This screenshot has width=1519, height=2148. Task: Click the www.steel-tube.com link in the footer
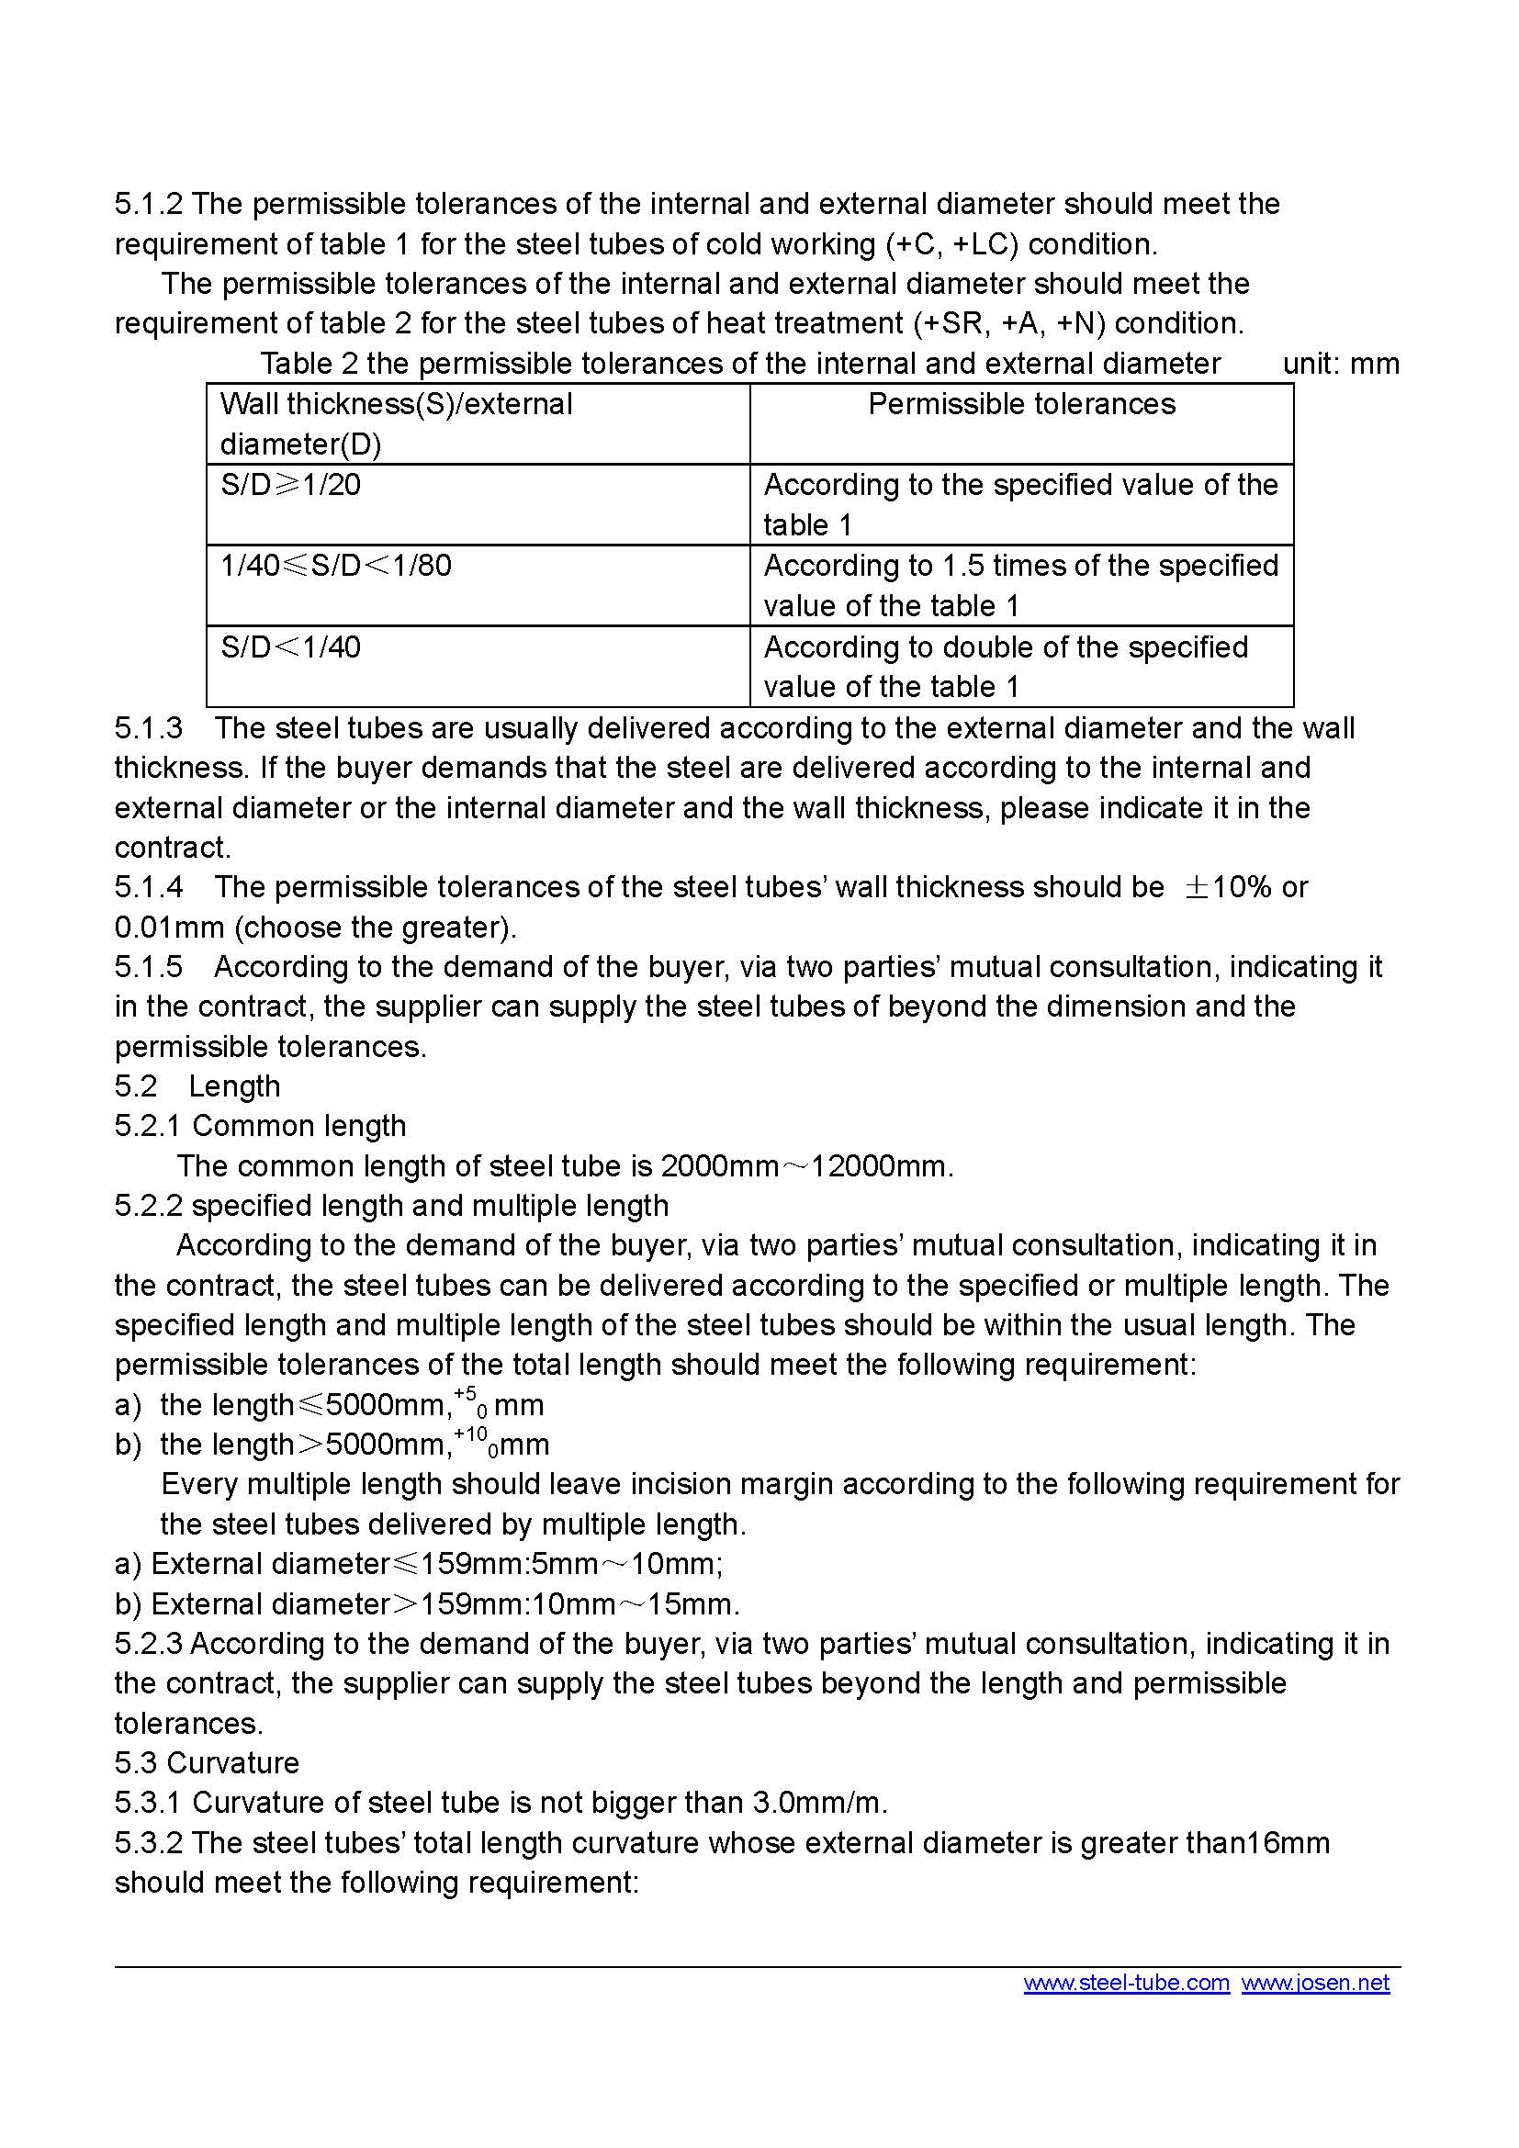tap(1125, 1983)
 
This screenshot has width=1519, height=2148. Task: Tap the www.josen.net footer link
tap(1315, 1983)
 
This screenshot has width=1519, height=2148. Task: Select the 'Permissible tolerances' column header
tap(1021, 404)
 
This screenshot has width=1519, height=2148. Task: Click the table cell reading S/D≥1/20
tap(291, 485)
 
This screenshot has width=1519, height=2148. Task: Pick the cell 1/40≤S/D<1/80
tap(336, 565)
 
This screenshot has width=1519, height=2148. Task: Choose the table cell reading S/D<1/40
tap(291, 647)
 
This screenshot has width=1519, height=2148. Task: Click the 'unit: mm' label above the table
tap(1340, 363)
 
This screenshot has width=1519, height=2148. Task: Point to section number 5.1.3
tap(149, 728)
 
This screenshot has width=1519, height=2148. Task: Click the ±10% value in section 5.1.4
tap(1227, 887)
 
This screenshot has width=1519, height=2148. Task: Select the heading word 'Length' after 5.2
tap(234, 1086)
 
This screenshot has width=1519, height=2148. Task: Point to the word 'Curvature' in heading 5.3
tap(233, 1762)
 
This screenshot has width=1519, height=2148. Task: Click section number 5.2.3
tap(149, 1644)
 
